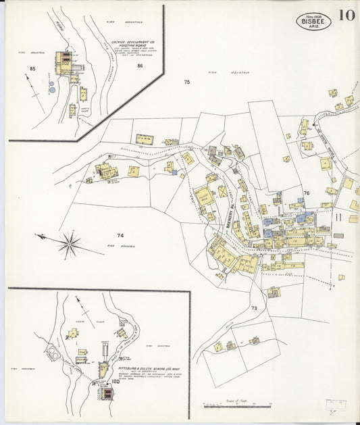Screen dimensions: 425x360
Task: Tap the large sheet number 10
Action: pos(346,15)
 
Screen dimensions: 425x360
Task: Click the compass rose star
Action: pos(69,244)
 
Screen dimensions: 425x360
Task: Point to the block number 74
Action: pos(120,236)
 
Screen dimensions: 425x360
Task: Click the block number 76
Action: pos(306,193)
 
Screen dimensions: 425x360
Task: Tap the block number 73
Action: pos(254,308)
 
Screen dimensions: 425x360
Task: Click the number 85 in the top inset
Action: pos(32,69)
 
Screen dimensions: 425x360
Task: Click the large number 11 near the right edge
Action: pos(338,217)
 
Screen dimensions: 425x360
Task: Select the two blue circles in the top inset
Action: pos(51,86)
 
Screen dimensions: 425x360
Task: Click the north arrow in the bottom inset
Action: pos(80,305)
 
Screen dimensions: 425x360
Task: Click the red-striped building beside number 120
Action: pos(106,391)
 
